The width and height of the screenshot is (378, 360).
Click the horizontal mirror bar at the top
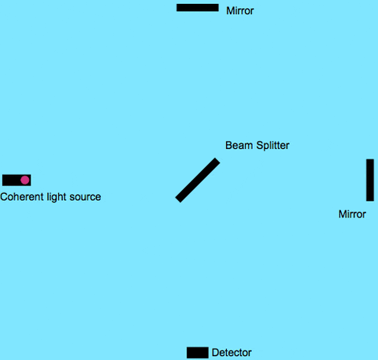(197, 8)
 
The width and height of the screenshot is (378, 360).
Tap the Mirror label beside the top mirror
(240, 11)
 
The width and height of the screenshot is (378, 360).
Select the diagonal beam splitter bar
(197, 180)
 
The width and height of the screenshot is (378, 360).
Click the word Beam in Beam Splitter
(239, 146)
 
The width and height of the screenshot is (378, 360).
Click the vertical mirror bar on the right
(369, 180)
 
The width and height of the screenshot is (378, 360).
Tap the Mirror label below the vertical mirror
(352, 214)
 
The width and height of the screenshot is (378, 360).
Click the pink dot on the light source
(25, 180)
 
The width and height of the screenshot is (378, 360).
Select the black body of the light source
(11, 180)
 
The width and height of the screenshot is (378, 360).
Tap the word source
(86, 197)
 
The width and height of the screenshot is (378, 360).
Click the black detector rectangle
(197, 352)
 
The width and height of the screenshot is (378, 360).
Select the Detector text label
(232, 353)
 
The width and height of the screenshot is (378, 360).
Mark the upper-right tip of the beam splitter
(216, 161)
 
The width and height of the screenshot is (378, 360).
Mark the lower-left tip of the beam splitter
(179, 199)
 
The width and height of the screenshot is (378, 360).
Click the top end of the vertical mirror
(369, 161)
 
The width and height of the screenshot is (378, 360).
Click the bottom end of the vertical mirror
(369, 199)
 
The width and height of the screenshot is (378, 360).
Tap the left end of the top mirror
(179, 8)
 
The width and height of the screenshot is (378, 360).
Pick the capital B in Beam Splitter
(229, 146)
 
